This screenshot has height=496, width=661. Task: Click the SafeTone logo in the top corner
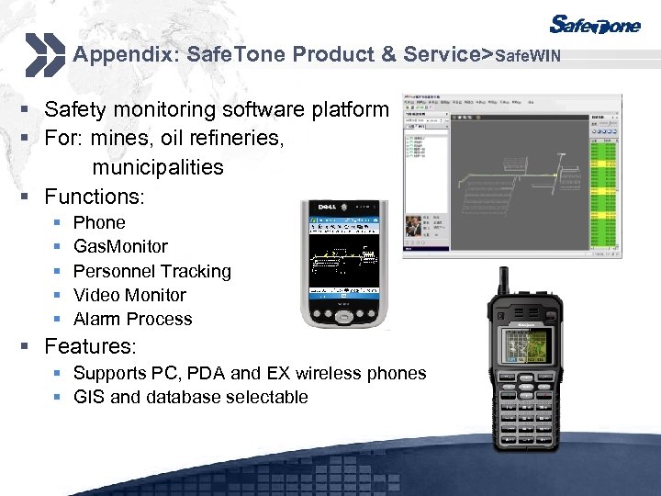[595, 25]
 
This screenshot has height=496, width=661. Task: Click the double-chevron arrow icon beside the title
[43, 54]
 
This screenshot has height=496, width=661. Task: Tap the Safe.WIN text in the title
[528, 56]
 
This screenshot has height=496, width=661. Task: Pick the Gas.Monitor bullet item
[120, 246]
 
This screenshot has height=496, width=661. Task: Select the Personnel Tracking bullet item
[151, 271]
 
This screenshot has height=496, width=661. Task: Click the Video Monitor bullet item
[129, 295]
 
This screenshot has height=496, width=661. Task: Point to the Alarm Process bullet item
[132, 319]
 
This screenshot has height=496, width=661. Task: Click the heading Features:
[90, 346]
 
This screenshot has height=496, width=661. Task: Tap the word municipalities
[157, 167]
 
